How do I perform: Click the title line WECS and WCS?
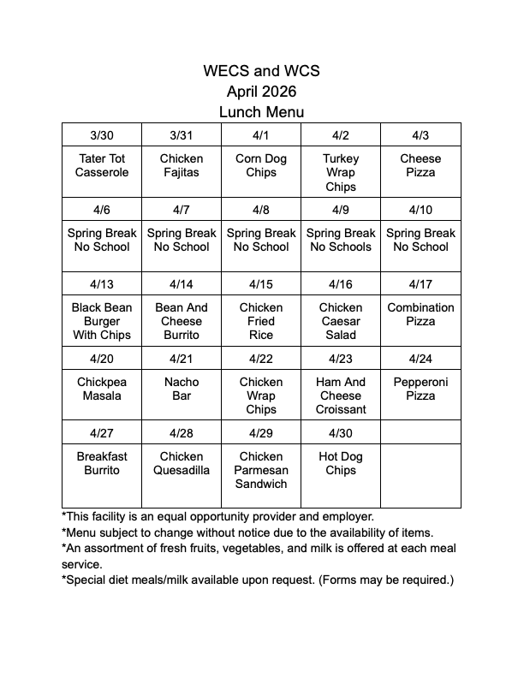[x=261, y=71]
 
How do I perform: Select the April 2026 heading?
[x=261, y=92]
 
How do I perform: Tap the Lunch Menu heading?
[x=261, y=112]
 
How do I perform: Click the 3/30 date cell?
[x=102, y=135]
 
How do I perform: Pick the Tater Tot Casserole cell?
[x=102, y=165]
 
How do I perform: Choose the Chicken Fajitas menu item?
[x=182, y=165]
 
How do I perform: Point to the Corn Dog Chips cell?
[x=261, y=165]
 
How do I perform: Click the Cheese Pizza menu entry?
[x=420, y=165]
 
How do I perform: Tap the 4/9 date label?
[x=341, y=210]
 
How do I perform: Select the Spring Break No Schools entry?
[x=341, y=240]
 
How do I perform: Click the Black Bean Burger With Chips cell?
[x=102, y=321]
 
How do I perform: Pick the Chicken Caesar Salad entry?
[x=341, y=321]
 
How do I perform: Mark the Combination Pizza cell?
[x=420, y=314]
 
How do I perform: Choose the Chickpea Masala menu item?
[x=102, y=389]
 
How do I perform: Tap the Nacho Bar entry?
[x=182, y=389]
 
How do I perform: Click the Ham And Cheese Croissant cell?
[x=341, y=395]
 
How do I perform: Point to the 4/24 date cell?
[x=420, y=359]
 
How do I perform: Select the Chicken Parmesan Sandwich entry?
[x=261, y=470]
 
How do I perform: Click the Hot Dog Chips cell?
[x=341, y=463]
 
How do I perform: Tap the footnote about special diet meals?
[x=258, y=580]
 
